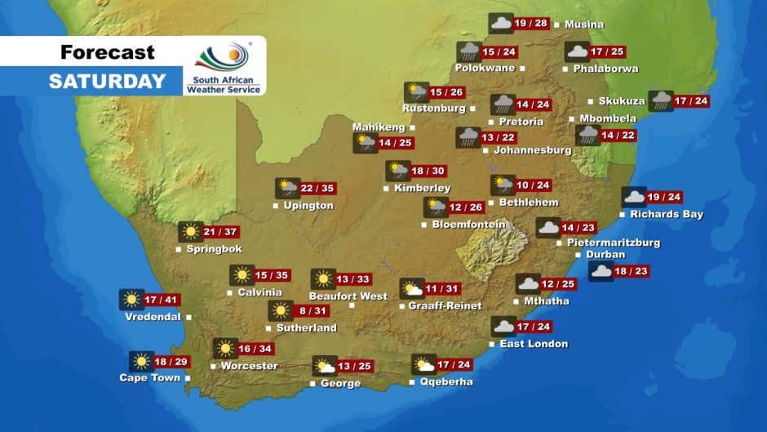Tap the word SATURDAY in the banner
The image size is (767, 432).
coord(107,82)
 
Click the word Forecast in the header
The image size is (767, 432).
coord(107,53)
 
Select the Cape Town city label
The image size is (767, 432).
coord(150,378)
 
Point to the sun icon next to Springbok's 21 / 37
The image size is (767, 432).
coord(190,232)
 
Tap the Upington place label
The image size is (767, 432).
coord(308,206)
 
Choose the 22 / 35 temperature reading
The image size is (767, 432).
coord(318,189)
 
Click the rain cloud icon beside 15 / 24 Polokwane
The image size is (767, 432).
coord(468,51)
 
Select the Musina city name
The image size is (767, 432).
coord(584,24)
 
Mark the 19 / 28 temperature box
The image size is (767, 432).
coord(532,23)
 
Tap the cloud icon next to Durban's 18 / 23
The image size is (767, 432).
coord(601,271)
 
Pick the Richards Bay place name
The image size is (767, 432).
coord(666,215)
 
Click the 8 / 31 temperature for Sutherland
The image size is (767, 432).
coord(313,310)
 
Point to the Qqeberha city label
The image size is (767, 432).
coord(446,382)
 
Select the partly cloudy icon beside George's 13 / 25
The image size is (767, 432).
coord(325,366)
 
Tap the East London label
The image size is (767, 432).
coord(534,344)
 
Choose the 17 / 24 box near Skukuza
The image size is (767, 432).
coord(691,101)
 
